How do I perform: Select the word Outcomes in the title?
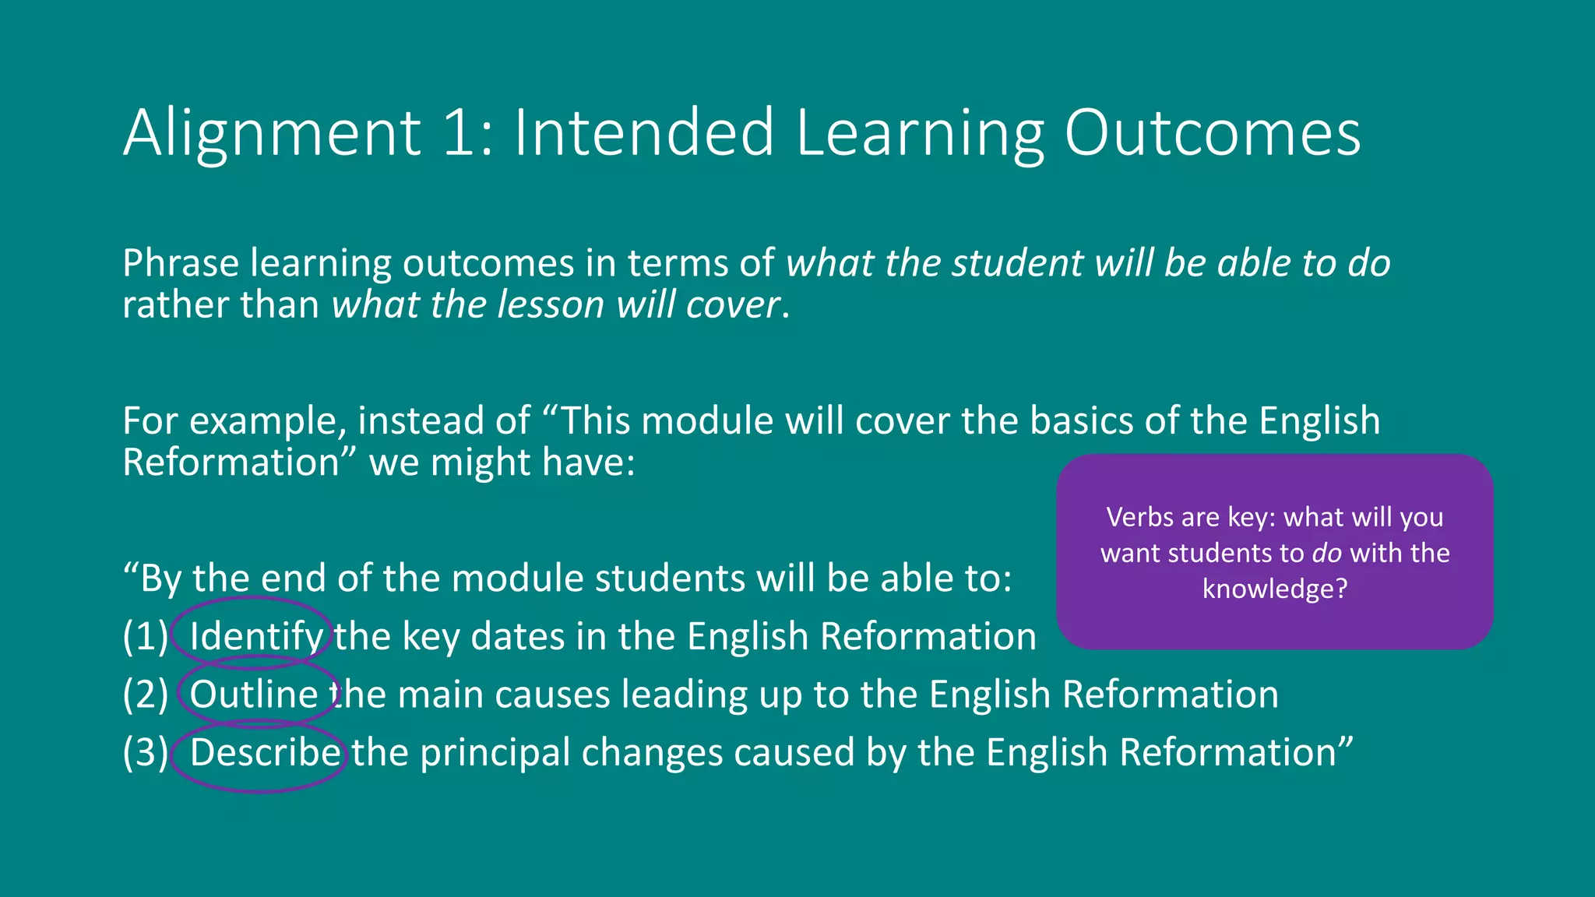(1212, 132)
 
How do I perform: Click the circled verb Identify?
(256, 637)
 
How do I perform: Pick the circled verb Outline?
(254, 695)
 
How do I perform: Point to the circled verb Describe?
(265, 753)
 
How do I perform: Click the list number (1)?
(146, 637)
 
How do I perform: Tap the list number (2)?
(146, 695)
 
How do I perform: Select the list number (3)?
(146, 753)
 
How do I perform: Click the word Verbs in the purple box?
(1141, 517)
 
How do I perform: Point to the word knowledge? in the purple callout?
(1274, 589)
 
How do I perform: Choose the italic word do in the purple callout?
(1326, 553)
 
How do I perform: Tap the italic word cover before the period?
(733, 304)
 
